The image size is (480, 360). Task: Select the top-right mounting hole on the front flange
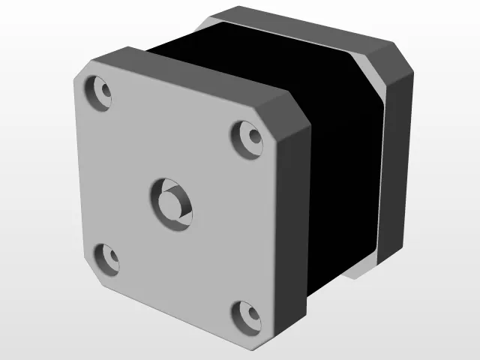[249, 136]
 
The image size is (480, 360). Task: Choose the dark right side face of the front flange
[294, 225]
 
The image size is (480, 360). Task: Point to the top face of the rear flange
[300, 30]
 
